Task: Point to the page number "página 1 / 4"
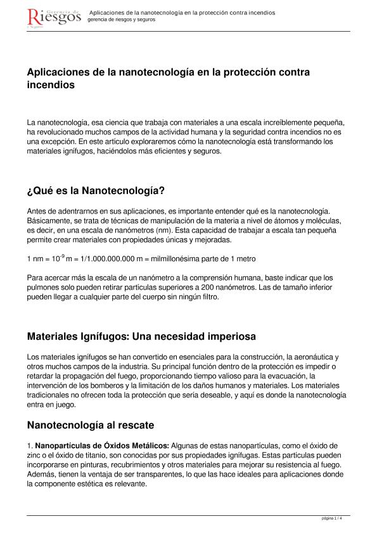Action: (x=332, y=518)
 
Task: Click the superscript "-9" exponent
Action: (x=58, y=256)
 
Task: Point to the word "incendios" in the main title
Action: (x=51, y=84)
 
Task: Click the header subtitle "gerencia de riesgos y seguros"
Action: (x=121, y=20)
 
